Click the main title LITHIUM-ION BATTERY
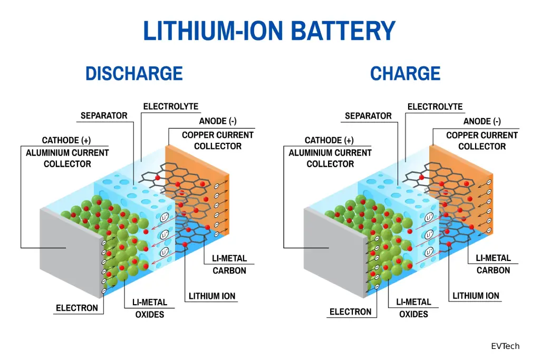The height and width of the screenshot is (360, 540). (269, 31)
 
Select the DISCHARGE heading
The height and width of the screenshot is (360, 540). (134, 73)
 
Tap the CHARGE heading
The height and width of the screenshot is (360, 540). (405, 73)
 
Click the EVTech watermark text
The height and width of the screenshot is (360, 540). (505, 346)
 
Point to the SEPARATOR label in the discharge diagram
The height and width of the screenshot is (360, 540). (104, 115)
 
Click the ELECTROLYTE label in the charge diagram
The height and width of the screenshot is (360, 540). (435, 107)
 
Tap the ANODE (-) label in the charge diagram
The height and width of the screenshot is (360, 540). (483, 122)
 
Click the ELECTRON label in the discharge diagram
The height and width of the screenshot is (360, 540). (77, 308)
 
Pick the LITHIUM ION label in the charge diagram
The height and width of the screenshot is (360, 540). (476, 296)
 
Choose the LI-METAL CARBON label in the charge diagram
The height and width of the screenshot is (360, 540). (493, 264)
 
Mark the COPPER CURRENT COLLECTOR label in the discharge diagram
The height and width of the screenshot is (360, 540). (218, 141)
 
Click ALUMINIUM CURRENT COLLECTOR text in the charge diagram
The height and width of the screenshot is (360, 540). (330, 158)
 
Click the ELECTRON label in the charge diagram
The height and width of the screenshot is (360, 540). (350, 312)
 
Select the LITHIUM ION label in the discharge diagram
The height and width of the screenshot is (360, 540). (212, 296)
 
